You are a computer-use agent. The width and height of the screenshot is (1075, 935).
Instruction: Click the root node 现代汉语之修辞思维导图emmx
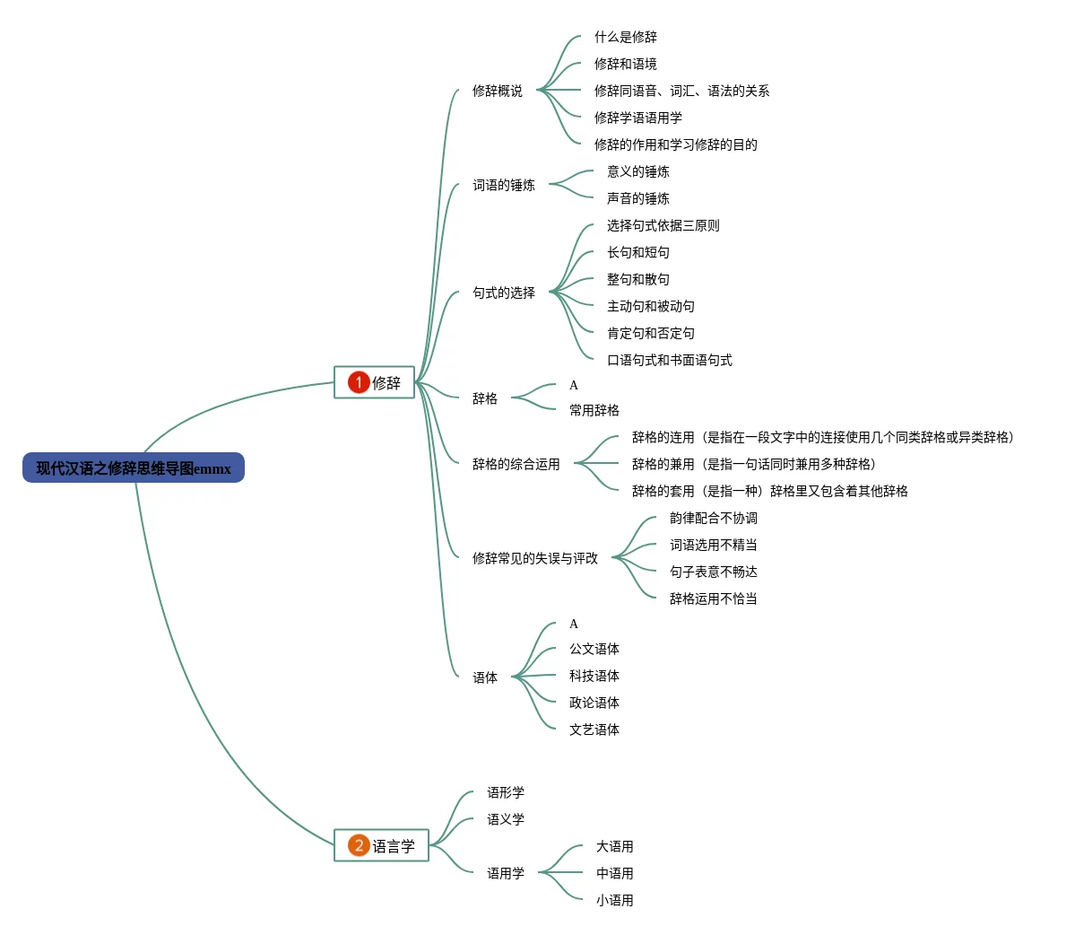[134, 468]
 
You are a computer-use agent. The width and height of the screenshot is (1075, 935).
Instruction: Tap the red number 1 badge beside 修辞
[359, 382]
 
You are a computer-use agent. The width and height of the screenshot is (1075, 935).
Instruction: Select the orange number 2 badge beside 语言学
[359, 845]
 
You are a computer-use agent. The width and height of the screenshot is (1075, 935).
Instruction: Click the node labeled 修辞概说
[497, 91]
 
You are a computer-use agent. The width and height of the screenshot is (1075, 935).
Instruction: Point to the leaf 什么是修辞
[625, 37]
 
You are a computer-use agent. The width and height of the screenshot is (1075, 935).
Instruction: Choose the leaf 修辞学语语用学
[637, 118]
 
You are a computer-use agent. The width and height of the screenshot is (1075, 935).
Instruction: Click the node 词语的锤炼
[503, 185]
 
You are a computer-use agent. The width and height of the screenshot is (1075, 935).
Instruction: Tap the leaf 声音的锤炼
[637, 198]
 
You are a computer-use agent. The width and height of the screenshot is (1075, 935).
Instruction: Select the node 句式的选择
[503, 293]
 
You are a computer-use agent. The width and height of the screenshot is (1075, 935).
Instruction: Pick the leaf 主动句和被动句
[650, 306]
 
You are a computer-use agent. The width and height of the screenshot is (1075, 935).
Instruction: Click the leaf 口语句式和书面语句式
[669, 360]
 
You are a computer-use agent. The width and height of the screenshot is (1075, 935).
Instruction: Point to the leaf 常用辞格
[594, 410]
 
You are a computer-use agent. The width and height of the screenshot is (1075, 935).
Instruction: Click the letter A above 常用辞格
[574, 385]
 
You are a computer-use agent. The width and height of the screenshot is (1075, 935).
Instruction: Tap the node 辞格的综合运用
[516, 464]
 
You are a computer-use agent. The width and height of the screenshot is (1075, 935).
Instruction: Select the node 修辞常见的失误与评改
[534, 558]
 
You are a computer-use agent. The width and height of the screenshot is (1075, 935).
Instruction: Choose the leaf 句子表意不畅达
[713, 572]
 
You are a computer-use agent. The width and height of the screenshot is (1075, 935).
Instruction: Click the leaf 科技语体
[594, 676]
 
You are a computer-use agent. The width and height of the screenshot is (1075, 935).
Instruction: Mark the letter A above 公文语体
[574, 624]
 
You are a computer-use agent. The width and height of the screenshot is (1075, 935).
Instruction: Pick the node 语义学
[505, 819]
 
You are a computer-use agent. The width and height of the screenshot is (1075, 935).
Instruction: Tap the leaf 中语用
[614, 873]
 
